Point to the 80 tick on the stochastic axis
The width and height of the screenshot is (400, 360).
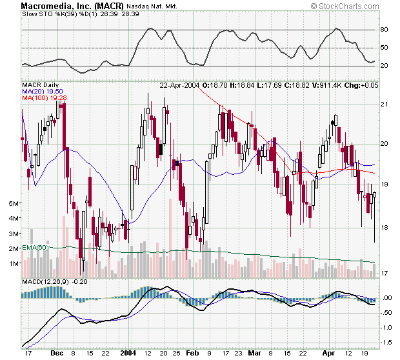coord(383,30)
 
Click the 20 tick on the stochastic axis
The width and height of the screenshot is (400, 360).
coord(383,66)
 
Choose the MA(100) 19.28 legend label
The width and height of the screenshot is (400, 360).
coord(40,98)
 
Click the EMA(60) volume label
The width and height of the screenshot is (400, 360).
coord(35,248)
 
